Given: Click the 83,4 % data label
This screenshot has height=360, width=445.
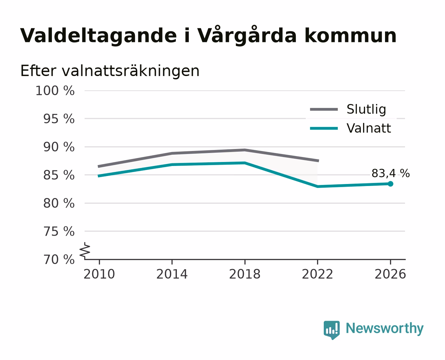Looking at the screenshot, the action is point(390,173).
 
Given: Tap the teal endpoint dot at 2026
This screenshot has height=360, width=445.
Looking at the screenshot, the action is point(390,184).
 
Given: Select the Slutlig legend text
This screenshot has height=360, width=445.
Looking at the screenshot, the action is point(366,109).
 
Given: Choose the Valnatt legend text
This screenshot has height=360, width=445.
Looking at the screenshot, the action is point(369,128).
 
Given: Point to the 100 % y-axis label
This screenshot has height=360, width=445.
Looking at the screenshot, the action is point(55,91).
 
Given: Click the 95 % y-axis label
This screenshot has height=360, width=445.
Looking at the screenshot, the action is point(59,119).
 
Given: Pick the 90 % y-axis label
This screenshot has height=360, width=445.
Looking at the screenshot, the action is point(59,147).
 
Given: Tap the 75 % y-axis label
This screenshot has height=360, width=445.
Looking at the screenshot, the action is point(59,231).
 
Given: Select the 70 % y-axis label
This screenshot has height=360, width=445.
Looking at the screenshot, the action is point(59,260).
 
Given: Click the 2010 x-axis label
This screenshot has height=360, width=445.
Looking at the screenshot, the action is point(99,274).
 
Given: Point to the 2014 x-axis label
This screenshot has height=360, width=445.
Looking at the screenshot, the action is point(172,274).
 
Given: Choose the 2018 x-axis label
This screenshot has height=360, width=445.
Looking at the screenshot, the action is point(245,274).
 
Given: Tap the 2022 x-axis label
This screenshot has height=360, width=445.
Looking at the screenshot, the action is point(317,274).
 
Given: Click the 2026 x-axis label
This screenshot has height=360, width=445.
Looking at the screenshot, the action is point(390,274).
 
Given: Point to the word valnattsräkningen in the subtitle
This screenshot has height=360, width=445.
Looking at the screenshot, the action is point(131,71).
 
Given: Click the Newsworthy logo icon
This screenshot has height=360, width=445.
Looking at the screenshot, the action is point(332,330).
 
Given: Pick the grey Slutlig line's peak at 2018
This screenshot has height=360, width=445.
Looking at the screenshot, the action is point(245,150).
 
